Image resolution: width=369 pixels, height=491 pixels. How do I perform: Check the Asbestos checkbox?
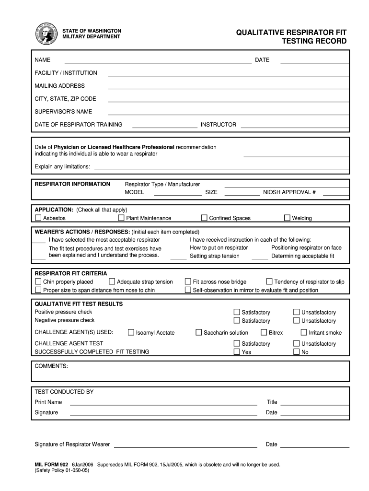click(x=38, y=218)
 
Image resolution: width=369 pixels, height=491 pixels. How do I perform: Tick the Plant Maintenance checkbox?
click(x=121, y=218)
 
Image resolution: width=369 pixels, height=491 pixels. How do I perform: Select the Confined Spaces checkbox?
click(x=204, y=218)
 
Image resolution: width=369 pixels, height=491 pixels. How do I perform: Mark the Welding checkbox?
click(x=287, y=218)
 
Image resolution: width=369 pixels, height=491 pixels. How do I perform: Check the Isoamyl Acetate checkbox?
click(x=131, y=332)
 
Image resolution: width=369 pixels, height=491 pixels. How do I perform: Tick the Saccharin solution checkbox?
click(x=198, y=332)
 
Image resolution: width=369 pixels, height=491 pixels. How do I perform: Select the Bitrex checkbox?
click(x=264, y=332)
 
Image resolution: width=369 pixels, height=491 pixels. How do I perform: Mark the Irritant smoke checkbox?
click(x=304, y=332)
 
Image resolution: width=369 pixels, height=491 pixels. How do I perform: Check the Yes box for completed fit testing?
click(x=237, y=351)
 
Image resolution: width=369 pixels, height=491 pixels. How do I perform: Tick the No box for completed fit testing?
click(x=297, y=351)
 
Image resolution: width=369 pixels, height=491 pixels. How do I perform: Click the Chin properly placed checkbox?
click(x=38, y=281)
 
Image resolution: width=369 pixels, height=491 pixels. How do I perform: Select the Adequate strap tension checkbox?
click(x=112, y=281)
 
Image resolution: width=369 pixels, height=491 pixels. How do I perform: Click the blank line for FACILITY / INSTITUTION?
click(x=228, y=75)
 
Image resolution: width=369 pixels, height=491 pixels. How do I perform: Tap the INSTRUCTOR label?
click(x=218, y=125)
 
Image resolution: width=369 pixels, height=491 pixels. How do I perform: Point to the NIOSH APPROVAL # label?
click(x=289, y=192)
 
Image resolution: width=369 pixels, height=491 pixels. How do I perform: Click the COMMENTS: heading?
click(x=51, y=366)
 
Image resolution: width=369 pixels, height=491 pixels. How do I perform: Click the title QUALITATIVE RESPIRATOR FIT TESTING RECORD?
click(x=291, y=37)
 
